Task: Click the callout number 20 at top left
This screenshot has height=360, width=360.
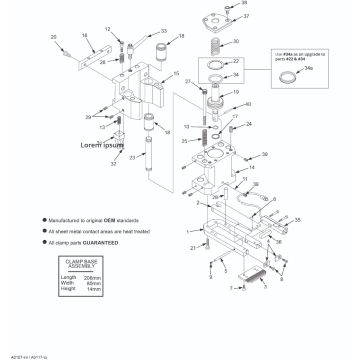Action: (53, 37)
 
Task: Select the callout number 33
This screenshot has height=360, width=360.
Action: (163, 31)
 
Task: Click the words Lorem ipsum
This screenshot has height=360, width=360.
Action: (100, 144)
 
